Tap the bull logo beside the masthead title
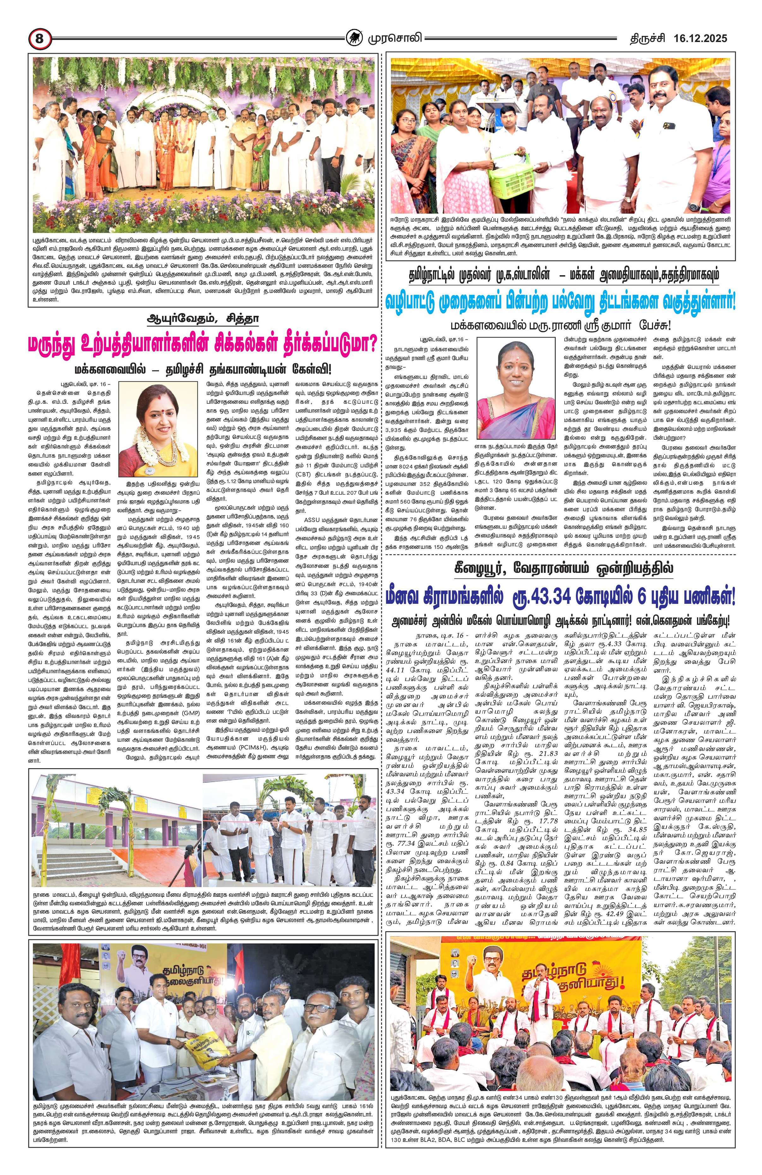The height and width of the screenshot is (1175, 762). (x=353, y=38)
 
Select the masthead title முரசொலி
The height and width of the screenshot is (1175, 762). (x=393, y=38)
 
